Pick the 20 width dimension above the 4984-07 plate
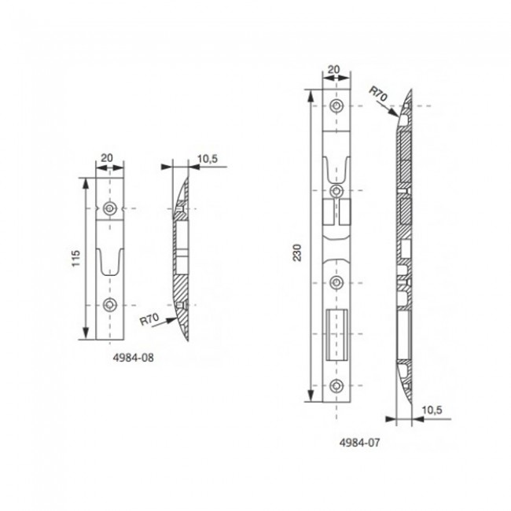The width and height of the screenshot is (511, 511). [x=336, y=70]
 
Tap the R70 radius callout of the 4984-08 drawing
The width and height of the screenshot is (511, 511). [x=149, y=320]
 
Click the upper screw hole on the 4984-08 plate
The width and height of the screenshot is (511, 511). [x=109, y=208]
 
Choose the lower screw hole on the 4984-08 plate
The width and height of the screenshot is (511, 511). [x=109, y=305]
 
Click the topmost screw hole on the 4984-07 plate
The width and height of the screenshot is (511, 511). [x=336, y=106]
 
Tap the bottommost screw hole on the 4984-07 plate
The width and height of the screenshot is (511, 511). [x=336, y=384]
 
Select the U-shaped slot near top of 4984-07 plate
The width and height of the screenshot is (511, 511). [x=336, y=167]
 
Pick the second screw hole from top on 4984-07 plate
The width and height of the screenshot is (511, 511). [x=336, y=191]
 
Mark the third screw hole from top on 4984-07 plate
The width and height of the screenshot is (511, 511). [x=336, y=282]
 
